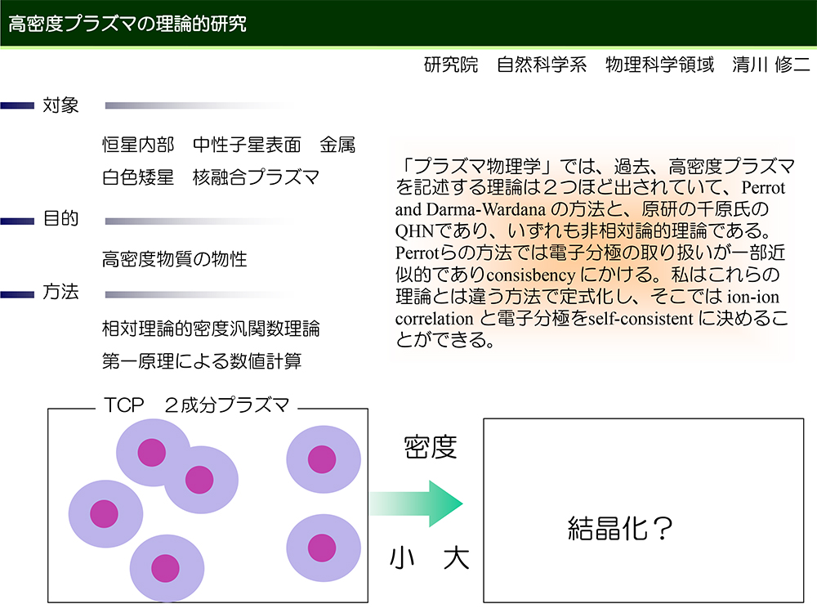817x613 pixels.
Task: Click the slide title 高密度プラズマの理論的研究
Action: (x=127, y=24)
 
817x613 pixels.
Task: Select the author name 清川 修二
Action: (x=771, y=65)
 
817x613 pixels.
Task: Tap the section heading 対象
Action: (x=60, y=105)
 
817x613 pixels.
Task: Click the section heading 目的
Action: (x=60, y=218)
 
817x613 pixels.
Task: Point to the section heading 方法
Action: (x=60, y=292)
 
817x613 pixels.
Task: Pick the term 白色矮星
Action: (x=138, y=177)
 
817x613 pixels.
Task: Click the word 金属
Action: (x=337, y=145)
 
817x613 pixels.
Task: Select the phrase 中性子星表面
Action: (x=247, y=145)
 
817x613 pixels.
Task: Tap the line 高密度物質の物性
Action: (x=175, y=259)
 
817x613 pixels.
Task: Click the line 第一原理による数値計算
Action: (x=202, y=361)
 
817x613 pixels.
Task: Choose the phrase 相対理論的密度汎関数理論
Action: (x=211, y=329)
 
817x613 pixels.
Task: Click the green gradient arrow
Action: (x=417, y=503)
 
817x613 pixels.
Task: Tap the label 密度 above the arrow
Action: (x=431, y=447)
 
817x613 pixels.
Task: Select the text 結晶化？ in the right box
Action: (x=620, y=528)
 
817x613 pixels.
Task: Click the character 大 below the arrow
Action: (x=457, y=558)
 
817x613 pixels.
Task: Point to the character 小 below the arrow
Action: (x=402, y=558)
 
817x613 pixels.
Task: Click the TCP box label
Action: (x=196, y=405)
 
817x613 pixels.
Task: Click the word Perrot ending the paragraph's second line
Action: (x=763, y=188)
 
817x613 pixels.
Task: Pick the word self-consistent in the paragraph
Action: (x=641, y=319)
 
